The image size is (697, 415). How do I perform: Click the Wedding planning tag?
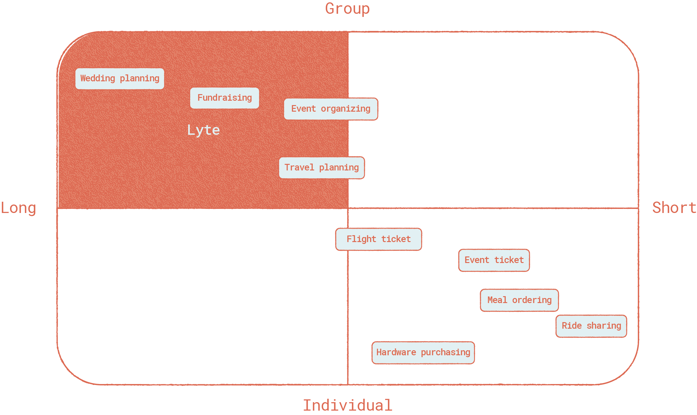pos(120,78)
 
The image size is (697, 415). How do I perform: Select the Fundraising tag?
pos(225,98)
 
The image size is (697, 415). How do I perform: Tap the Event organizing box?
pos(331,109)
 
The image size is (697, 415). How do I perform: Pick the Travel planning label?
pos(322,168)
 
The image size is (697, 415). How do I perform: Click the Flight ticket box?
pos(379,239)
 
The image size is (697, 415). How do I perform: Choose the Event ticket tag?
pos(494,260)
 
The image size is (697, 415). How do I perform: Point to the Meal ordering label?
pos(519,300)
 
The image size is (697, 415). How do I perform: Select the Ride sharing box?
pos(591,326)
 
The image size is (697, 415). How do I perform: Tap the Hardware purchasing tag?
pos(423,352)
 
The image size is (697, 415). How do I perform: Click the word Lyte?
pos(204,130)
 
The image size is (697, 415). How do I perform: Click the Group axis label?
pos(347,9)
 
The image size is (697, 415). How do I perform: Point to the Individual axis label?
pos(348,405)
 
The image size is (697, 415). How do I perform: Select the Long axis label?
pos(18,208)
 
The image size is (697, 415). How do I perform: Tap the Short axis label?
pos(674,208)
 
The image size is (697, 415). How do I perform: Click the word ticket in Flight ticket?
pos(396,239)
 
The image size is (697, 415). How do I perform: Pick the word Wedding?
pos(98,78)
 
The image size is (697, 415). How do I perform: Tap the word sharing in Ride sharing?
pos(604,326)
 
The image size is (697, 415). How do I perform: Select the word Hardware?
pos(396,352)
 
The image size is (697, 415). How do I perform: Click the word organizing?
pos(345,109)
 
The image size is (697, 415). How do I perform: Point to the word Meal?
pos(497,300)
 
